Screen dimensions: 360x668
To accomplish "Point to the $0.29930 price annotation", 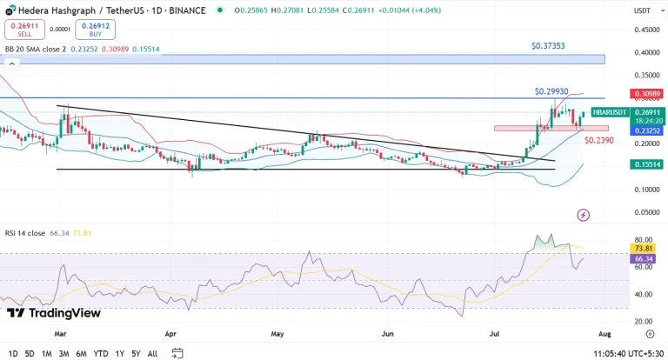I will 551,90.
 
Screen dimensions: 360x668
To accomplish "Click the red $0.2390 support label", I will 599,139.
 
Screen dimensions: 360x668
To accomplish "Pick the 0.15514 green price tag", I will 646,163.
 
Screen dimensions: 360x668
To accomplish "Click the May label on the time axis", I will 277,332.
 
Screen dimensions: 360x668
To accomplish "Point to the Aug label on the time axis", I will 605,332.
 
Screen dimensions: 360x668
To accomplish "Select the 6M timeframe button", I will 81,353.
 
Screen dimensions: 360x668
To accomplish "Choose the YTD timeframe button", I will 101,353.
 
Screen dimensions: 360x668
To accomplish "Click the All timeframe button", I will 152,353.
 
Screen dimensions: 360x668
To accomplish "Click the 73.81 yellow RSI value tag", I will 644,248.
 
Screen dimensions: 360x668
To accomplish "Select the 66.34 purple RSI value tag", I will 644,258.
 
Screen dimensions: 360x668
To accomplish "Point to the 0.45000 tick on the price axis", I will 645,30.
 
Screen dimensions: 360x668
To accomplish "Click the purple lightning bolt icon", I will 584,214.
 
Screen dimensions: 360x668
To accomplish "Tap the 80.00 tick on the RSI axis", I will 643,239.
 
